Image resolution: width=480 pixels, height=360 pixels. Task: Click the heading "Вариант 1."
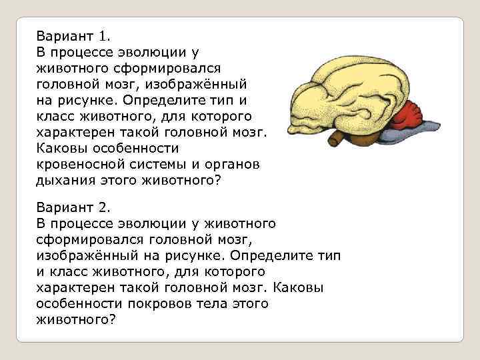(x=69, y=35)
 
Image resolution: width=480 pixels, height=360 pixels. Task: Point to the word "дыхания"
(x=65, y=180)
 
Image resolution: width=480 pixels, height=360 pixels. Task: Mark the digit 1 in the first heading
(x=102, y=35)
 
